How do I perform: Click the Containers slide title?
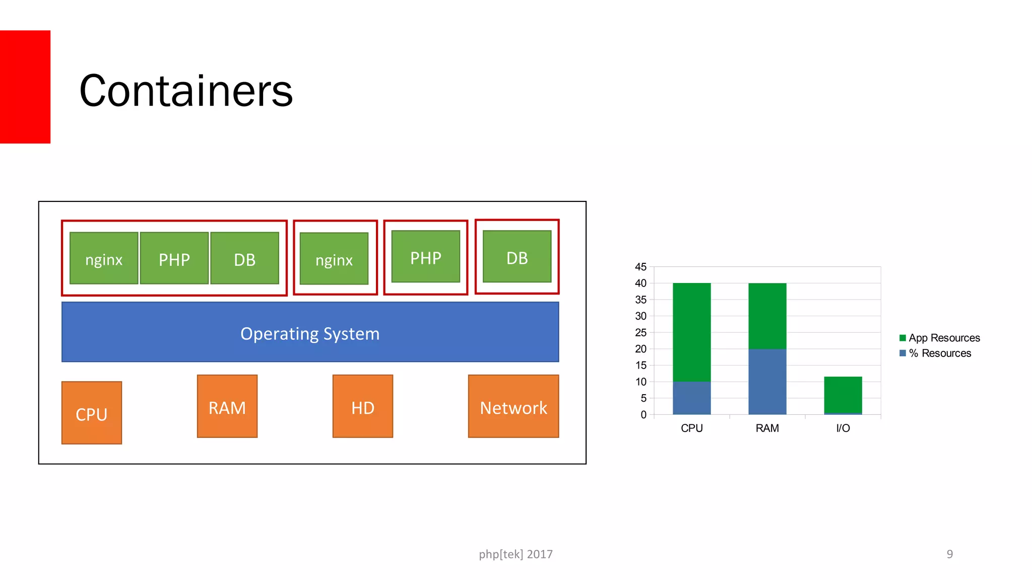(186, 91)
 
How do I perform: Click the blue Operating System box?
(310, 332)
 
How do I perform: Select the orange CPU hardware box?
(92, 413)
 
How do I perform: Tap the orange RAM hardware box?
(227, 406)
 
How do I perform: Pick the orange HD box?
(363, 406)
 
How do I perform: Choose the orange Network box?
(513, 406)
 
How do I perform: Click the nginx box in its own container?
(334, 259)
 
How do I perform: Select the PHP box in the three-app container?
(174, 258)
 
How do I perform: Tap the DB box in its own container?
(517, 257)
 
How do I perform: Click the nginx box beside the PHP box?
(104, 258)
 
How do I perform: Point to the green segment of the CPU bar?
(691, 332)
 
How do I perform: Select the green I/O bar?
(843, 395)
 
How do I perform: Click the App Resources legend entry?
(940, 338)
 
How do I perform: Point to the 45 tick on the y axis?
(640, 267)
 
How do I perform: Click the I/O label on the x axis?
(843, 428)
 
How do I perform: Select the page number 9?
(949, 554)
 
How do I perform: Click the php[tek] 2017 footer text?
(515, 554)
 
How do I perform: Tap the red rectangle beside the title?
(25, 87)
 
